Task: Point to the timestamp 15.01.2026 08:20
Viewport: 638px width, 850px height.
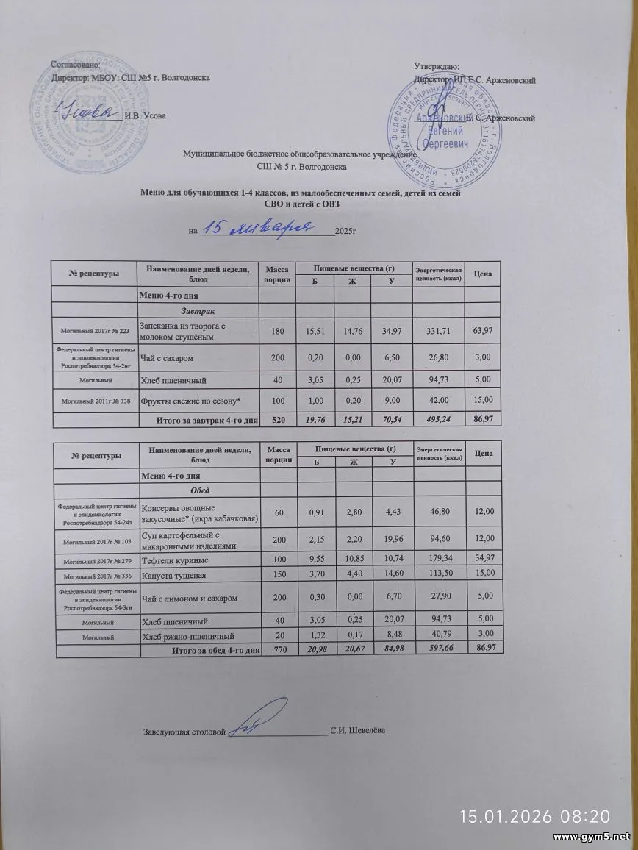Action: [x=534, y=816]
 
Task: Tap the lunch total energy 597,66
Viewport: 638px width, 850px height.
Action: [x=438, y=650]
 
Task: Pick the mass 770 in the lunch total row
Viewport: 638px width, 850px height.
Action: [x=279, y=650]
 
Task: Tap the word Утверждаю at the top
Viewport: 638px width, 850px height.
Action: [x=437, y=68]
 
